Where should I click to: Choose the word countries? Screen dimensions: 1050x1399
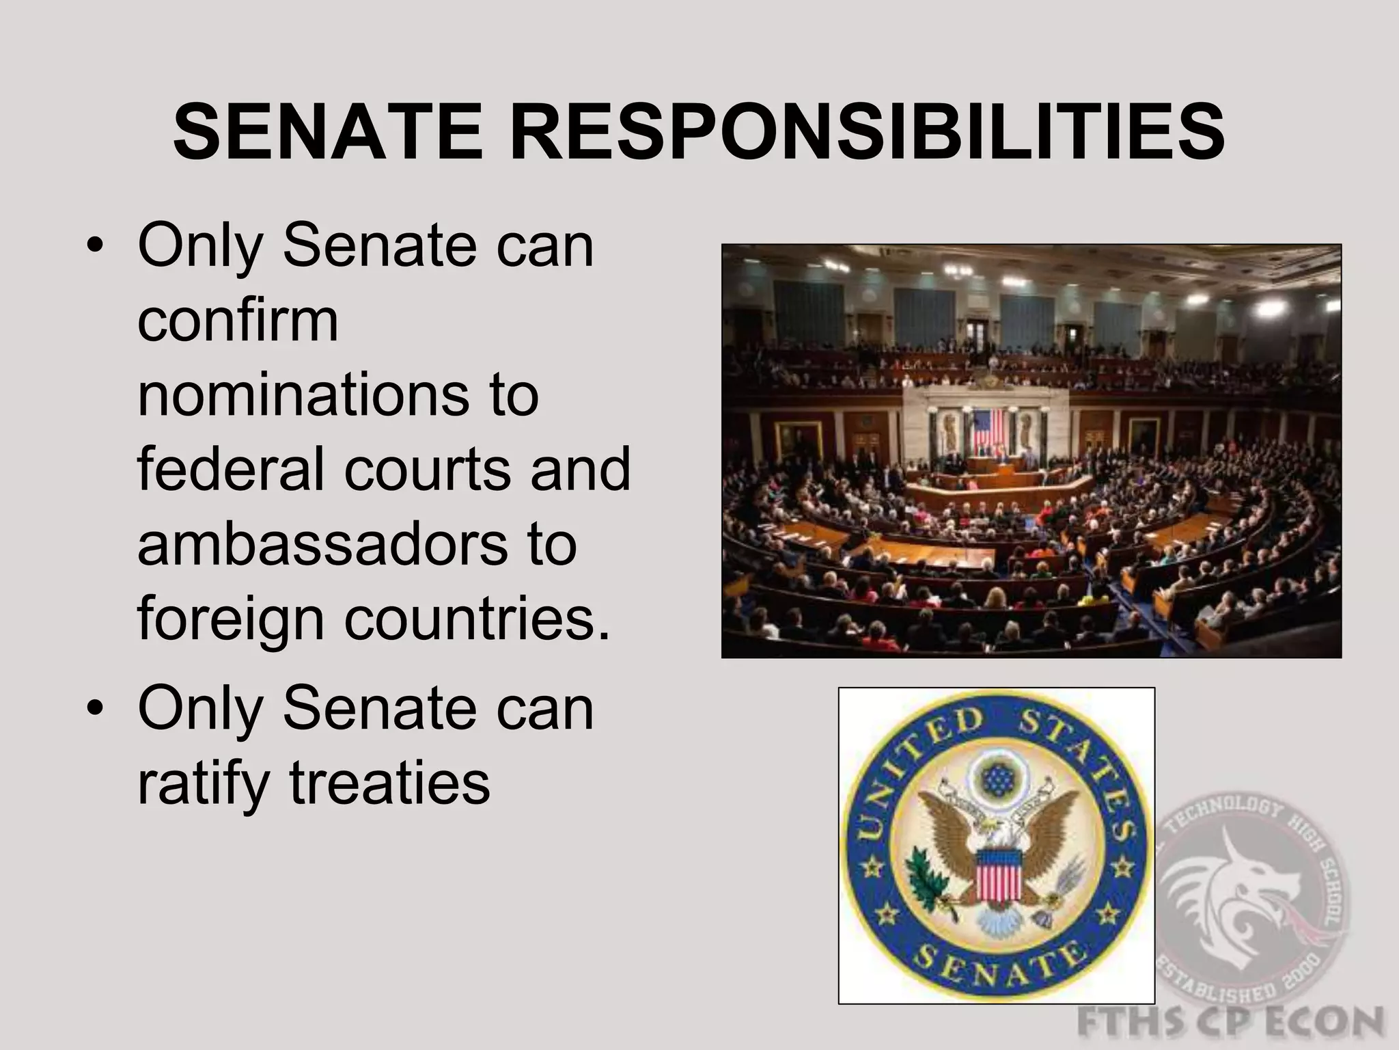coord(477,619)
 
